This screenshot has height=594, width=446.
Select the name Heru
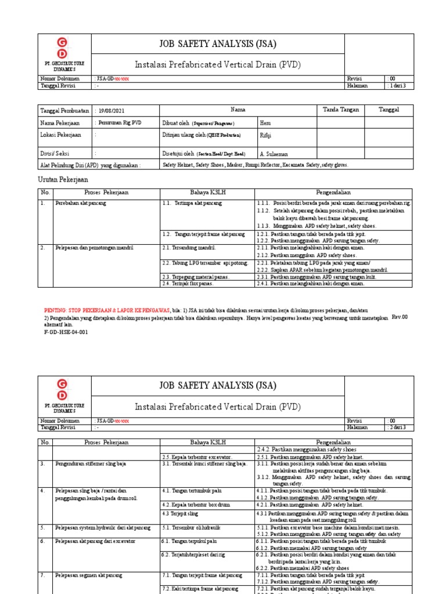tap(265, 123)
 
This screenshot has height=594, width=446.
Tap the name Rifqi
tap(265, 135)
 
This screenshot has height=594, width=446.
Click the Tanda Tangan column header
tap(341, 110)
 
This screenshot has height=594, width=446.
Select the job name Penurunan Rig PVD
tap(120, 123)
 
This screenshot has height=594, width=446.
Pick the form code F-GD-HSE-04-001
tap(66, 332)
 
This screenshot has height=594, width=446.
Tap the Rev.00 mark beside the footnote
tap(400, 317)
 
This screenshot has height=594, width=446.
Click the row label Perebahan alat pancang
tap(81, 204)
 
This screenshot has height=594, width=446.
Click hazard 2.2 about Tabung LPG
tap(197, 263)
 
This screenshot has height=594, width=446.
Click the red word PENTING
tap(55, 310)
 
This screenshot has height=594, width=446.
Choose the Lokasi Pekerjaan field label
tap(60, 135)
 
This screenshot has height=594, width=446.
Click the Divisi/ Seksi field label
tap(56, 154)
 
